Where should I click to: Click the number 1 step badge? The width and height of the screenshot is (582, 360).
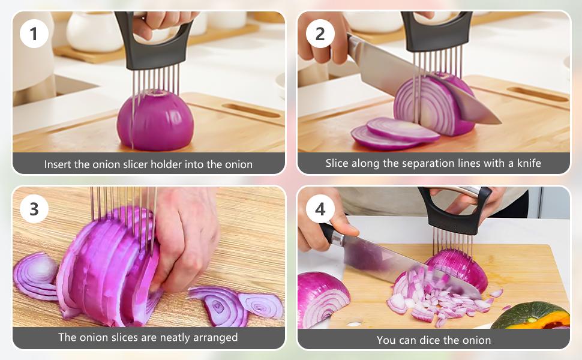34,34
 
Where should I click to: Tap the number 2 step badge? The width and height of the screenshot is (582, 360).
320,34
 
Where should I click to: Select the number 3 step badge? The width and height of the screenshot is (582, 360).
34,209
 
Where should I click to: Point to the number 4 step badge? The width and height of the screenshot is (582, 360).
320,209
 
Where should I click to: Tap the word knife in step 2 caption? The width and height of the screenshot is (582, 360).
529,163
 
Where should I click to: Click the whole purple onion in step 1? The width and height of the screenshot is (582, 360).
155,119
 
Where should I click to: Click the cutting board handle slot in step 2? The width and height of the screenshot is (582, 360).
538,94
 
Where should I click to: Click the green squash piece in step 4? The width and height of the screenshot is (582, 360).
532,316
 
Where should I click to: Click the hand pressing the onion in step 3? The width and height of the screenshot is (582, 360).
185,238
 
